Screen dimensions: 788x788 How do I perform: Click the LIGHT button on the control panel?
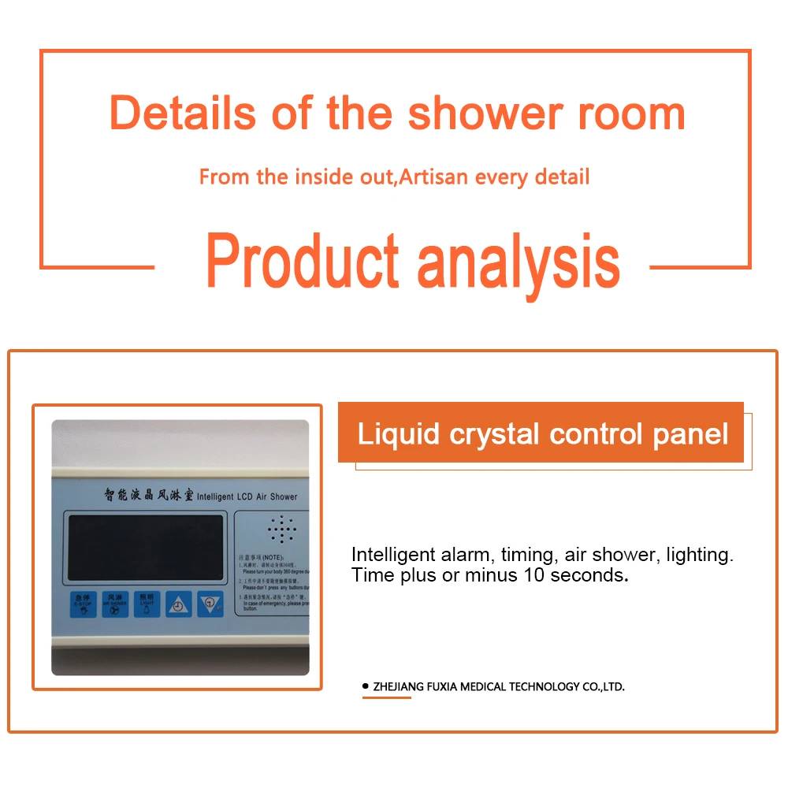(146, 604)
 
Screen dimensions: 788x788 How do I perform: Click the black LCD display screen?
(146, 549)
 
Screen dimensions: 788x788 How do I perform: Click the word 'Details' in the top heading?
(183, 113)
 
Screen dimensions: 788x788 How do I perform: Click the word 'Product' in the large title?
(303, 262)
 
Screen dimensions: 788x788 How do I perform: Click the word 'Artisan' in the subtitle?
(432, 176)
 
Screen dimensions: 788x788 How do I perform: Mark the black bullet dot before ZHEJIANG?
(365, 686)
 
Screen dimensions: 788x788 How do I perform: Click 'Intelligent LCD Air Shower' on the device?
(247, 496)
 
